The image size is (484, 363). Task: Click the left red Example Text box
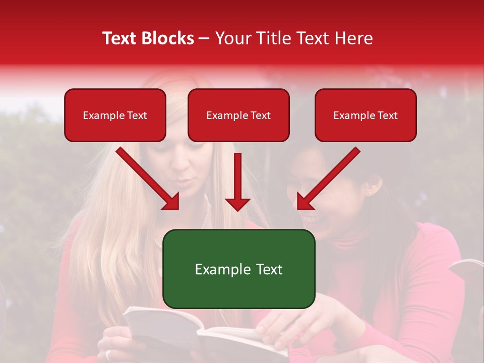115,115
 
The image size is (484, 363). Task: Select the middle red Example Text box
238,115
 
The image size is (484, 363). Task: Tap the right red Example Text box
366,115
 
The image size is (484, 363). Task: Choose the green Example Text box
239,269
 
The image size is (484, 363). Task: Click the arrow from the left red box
148,178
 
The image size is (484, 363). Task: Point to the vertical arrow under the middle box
237,181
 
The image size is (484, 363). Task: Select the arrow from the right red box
329,178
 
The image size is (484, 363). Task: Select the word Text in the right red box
388,115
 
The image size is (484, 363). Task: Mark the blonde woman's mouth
183,181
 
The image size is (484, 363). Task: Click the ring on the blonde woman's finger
108,354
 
